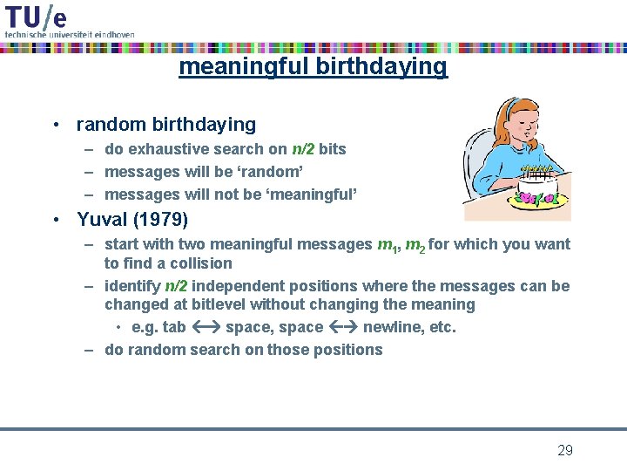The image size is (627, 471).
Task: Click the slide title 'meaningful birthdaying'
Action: [x=313, y=66]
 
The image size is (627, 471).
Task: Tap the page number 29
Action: [x=564, y=450]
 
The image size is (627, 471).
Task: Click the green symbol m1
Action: [x=388, y=245]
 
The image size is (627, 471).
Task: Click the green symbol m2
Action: [x=415, y=245]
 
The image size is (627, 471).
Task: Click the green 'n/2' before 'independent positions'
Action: [x=176, y=286]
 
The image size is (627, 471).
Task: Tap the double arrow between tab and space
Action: [x=206, y=328]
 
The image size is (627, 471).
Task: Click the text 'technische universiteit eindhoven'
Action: [x=70, y=34]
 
